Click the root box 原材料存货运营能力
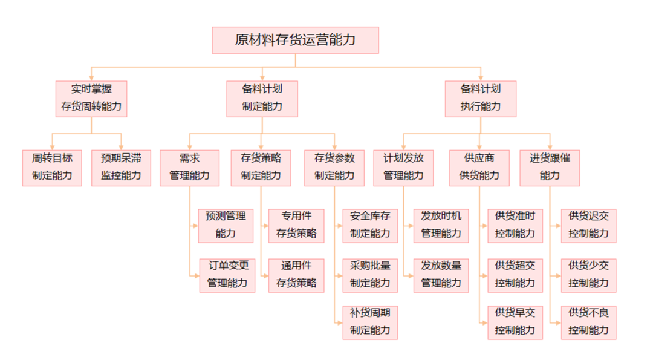click(x=295, y=41)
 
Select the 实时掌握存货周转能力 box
click(x=91, y=99)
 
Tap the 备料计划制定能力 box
click(x=262, y=99)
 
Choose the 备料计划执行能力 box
click(x=481, y=99)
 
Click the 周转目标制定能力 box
click(x=52, y=168)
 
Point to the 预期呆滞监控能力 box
click(x=121, y=168)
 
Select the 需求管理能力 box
click(x=189, y=168)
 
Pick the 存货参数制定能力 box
click(x=334, y=168)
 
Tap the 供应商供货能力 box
click(x=479, y=168)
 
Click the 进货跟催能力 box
click(x=550, y=168)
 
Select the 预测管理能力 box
click(x=226, y=225)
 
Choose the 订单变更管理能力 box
click(x=227, y=275)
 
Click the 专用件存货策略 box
click(x=296, y=225)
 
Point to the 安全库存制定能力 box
click(x=370, y=225)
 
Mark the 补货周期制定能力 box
click(x=370, y=322)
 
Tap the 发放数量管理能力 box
click(x=441, y=275)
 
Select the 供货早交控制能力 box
click(x=515, y=322)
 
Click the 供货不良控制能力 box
click(x=588, y=322)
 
